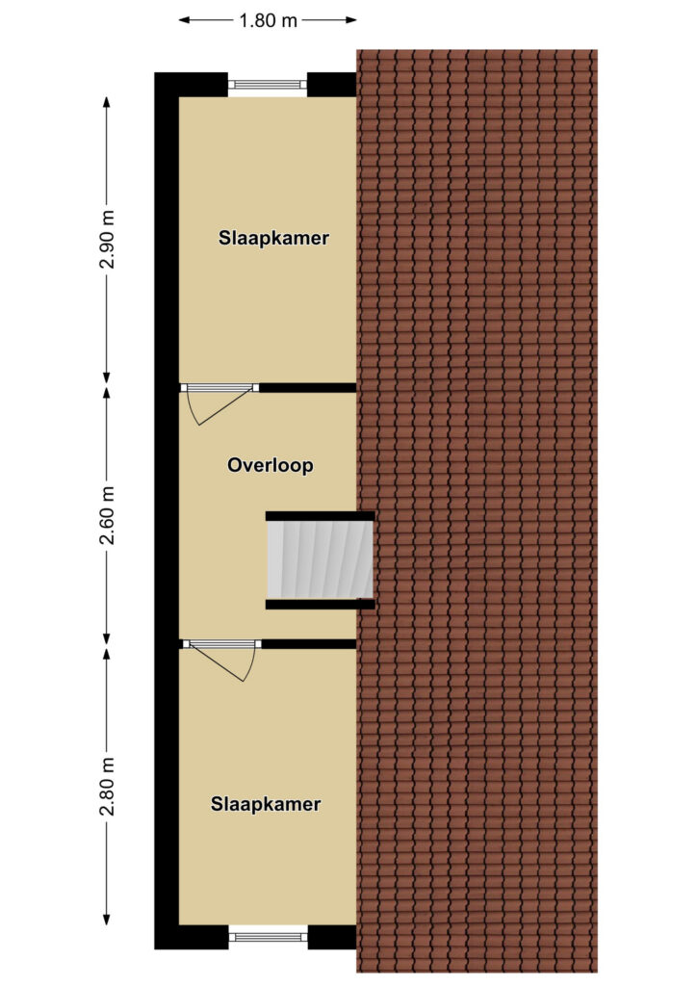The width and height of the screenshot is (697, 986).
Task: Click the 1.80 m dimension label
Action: coord(269,19)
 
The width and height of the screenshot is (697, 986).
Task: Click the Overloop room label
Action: coord(271,466)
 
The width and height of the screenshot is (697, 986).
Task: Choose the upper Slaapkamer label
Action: coord(273,238)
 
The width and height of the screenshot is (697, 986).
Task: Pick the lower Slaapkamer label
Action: coord(266,804)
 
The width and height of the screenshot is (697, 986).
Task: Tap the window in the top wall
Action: coord(269,85)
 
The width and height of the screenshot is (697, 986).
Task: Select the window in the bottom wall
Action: coord(269,935)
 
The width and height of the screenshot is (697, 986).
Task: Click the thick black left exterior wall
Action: coord(167,510)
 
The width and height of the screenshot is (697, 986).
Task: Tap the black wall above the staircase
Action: coord(320,516)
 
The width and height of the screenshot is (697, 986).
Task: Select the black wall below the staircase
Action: coord(320,605)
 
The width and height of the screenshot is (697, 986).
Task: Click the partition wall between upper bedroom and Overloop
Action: coord(307,387)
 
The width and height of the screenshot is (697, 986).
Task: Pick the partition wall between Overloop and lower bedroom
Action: coord(309,643)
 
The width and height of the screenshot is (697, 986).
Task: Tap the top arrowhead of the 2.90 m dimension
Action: coord(107,100)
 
